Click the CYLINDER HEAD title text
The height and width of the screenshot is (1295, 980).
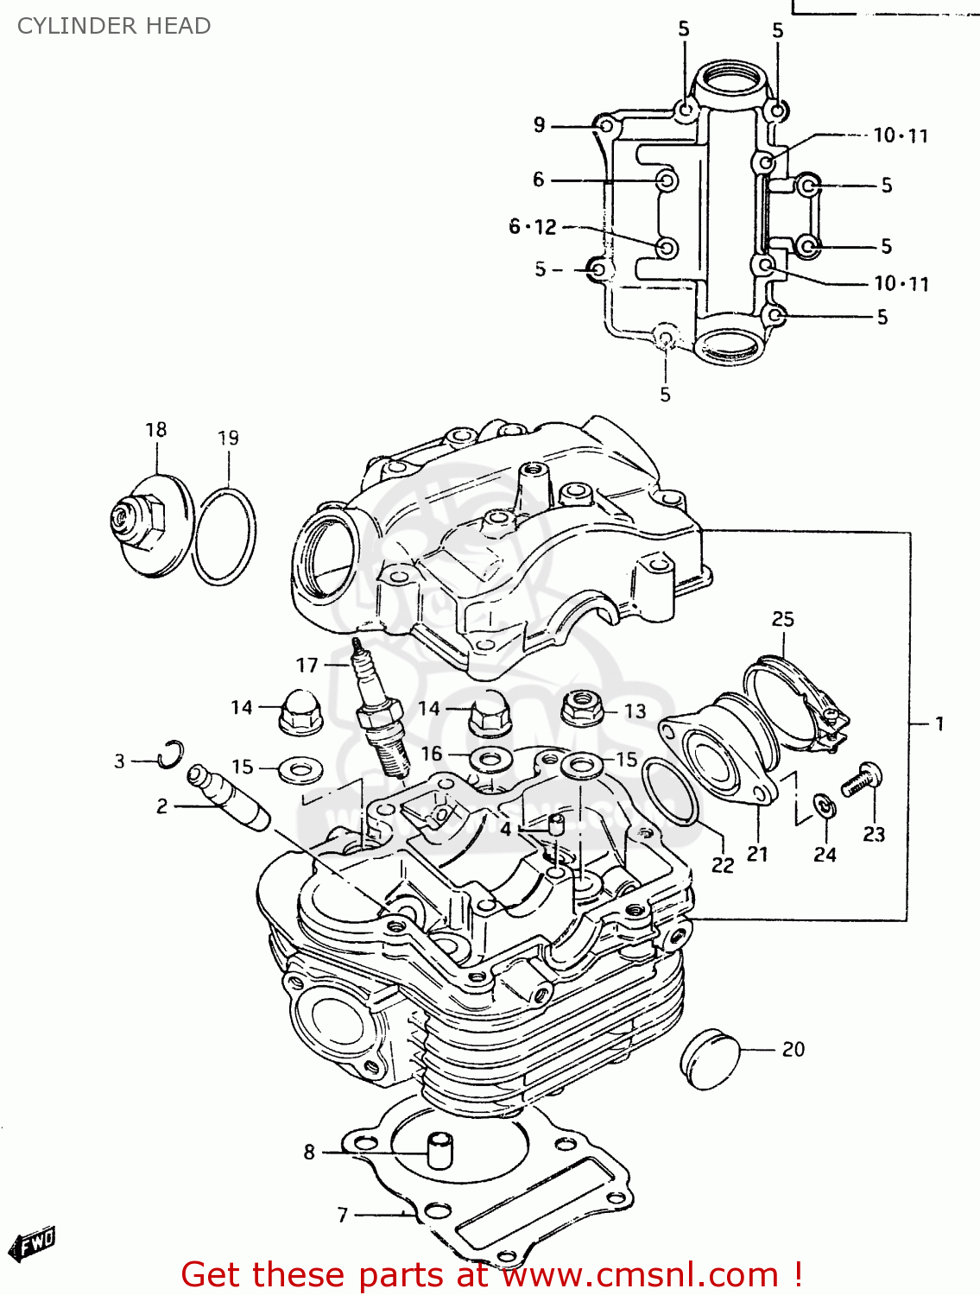[x=114, y=26]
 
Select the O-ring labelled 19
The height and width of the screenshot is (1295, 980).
[x=224, y=536]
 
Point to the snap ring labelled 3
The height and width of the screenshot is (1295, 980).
[x=172, y=753]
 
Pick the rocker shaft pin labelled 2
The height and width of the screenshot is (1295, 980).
[x=228, y=795]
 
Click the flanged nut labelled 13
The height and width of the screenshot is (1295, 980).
[x=584, y=708]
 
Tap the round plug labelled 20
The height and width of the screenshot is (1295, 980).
[x=711, y=1058]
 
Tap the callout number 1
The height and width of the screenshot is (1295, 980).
[x=939, y=723]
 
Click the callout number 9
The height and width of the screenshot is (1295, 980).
[x=540, y=125]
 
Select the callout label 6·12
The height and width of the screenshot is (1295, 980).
[x=533, y=227]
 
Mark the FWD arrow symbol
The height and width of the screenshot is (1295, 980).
[x=33, y=1244]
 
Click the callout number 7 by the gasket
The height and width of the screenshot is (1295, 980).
[x=343, y=1215]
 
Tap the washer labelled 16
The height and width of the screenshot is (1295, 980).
[x=490, y=761]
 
